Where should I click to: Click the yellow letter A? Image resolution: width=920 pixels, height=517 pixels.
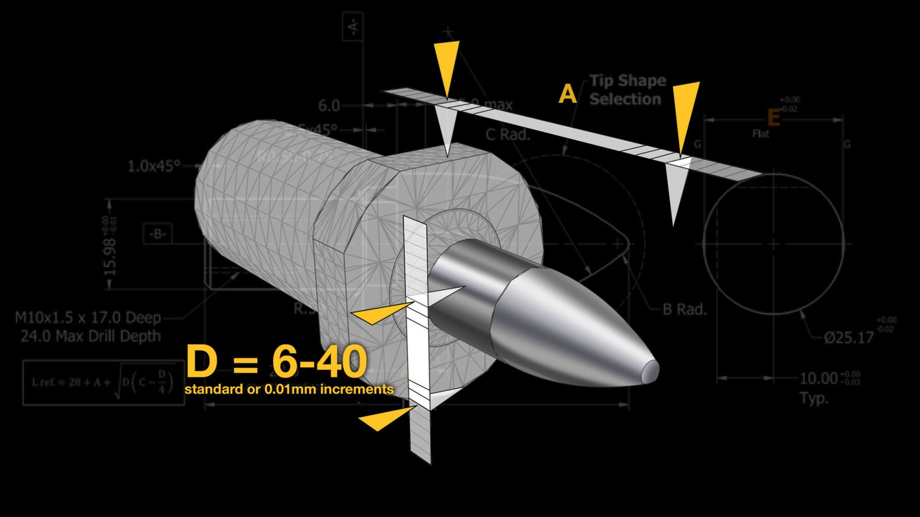pos(568,94)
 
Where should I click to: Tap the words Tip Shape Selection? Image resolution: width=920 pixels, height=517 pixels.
pos(627,90)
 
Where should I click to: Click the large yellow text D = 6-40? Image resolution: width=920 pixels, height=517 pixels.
pos(277,362)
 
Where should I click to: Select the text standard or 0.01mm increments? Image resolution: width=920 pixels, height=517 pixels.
pos(289,389)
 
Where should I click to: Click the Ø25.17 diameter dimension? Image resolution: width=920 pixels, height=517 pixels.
pos(849,338)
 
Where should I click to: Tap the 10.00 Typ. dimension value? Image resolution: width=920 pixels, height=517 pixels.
pos(819,379)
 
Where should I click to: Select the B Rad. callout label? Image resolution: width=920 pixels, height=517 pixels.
pos(684,310)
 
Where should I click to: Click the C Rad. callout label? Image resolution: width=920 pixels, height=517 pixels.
pos(508,134)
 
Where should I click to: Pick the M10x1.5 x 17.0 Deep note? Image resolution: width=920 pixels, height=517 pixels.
pos(88,318)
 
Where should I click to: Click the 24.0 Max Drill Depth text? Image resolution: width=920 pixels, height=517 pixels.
pos(91,336)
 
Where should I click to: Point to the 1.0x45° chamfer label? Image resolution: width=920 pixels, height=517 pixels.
pos(154,166)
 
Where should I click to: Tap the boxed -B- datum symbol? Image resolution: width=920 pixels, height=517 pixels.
pos(158,234)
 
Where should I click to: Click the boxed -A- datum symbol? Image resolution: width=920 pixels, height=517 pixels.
pos(352,26)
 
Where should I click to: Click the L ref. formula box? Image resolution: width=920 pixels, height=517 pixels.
pos(104,383)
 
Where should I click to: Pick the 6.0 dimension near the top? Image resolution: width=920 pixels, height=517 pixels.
pos(329,106)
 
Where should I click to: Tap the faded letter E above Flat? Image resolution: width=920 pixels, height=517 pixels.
pos(773,118)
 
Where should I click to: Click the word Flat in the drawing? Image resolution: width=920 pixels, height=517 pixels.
pos(761,134)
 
